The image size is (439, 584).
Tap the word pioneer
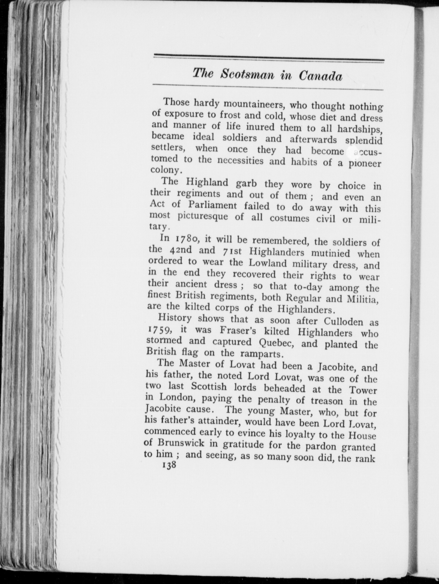(365, 164)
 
